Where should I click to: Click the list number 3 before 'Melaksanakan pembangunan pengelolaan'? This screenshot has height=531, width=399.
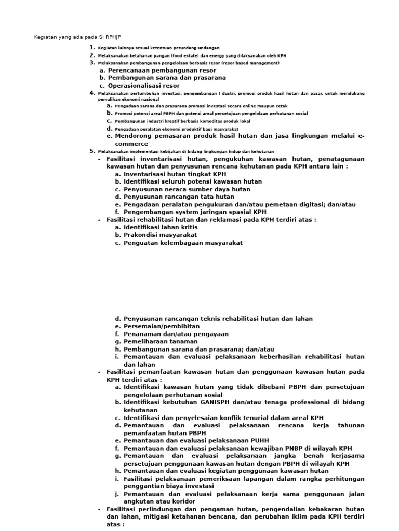click(92, 62)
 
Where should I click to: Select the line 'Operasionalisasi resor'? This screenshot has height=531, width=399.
click(144, 86)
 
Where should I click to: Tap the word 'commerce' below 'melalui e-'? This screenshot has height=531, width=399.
click(128, 144)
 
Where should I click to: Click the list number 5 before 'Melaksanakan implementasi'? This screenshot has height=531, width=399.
click(92, 151)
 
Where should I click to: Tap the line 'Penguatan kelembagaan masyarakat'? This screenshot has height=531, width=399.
click(183, 243)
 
